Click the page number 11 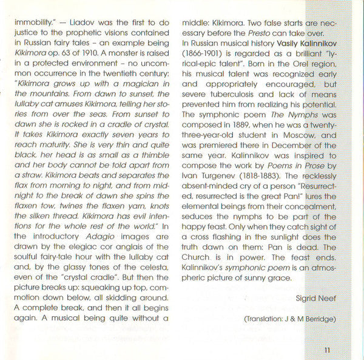click(x=327, y=350)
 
